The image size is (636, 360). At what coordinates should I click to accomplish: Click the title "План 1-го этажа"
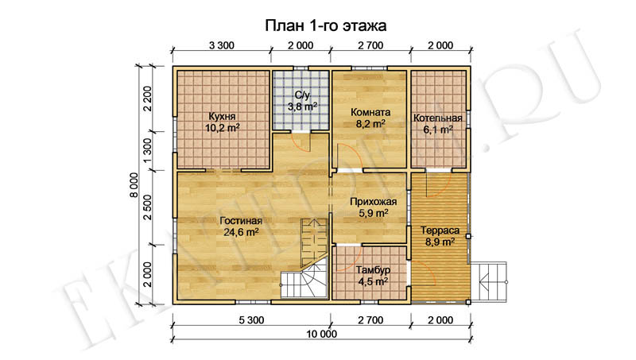(325, 25)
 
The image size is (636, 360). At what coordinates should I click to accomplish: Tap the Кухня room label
(223, 116)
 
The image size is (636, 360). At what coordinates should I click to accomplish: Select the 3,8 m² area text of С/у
(302, 106)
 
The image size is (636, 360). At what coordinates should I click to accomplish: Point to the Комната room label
(370, 112)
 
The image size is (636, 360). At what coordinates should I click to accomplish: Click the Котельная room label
(438, 118)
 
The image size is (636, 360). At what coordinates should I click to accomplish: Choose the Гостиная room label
(241, 221)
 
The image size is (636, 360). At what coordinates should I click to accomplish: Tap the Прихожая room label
(373, 202)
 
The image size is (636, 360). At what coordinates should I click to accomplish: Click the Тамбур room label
(373, 270)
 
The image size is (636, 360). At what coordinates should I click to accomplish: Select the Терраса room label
(440, 230)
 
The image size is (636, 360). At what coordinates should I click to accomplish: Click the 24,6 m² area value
(242, 232)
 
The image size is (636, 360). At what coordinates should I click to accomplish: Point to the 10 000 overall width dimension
(322, 334)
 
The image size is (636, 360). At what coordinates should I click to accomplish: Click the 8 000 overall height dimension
(134, 185)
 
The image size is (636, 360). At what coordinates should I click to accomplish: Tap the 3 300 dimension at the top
(222, 45)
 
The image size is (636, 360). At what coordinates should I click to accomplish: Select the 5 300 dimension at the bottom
(251, 320)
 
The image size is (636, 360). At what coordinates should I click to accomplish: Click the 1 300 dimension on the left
(147, 150)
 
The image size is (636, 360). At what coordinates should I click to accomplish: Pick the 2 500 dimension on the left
(147, 207)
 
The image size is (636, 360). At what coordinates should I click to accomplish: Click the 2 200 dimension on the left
(147, 99)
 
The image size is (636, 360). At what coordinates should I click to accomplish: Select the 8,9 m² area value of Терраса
(440, 242)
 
